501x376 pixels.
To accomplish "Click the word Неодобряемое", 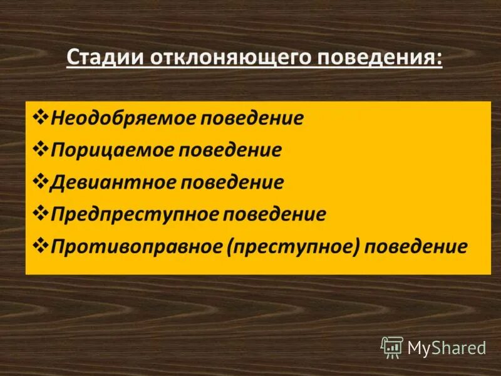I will (x=123, y=118).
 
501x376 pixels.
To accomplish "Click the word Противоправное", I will (x=137, y=246).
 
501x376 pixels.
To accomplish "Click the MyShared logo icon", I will (x=392, y=347).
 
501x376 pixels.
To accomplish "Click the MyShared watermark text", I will (x=447, y=347).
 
